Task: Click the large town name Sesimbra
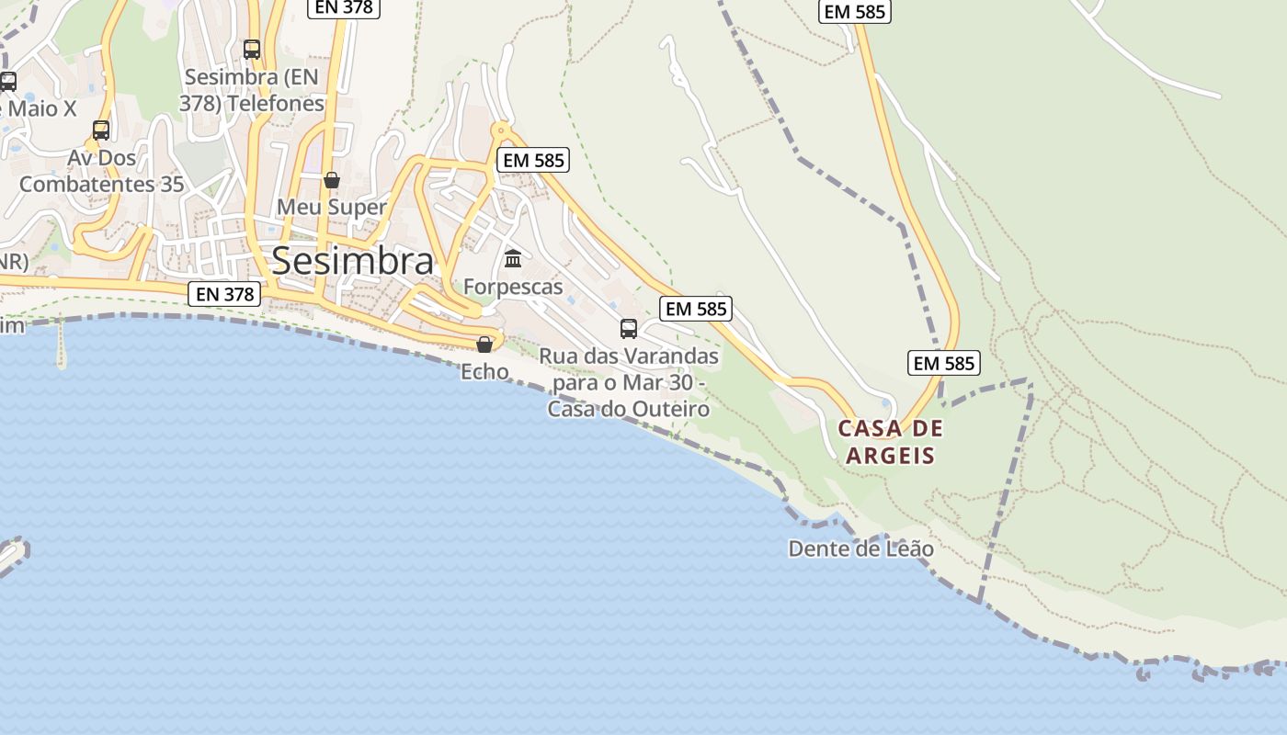click(353, 261)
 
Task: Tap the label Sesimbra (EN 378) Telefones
click(253, 90)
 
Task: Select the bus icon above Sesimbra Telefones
click(252, 50)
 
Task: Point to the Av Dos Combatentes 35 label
click(101, 171)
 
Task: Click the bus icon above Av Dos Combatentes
click(101, 130)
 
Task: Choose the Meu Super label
click(332, 207)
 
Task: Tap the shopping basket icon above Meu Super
click(332, 179)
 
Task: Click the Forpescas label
click(513, 287)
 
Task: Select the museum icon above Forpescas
click(513, 259)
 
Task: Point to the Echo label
click(484, 371)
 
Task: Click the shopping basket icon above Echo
click(484, 345)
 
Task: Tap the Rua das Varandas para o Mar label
click(629, 382)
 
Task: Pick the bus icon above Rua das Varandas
click(629, 329)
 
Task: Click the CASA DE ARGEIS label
click(891, 442)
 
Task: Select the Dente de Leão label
click(861, 549)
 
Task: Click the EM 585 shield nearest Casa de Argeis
click(944, 363)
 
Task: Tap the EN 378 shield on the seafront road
click(225, 294)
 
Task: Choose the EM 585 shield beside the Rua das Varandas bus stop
click(696, 309)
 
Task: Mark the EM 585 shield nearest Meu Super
click(534, 160)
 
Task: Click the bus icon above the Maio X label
click(7, 81)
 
